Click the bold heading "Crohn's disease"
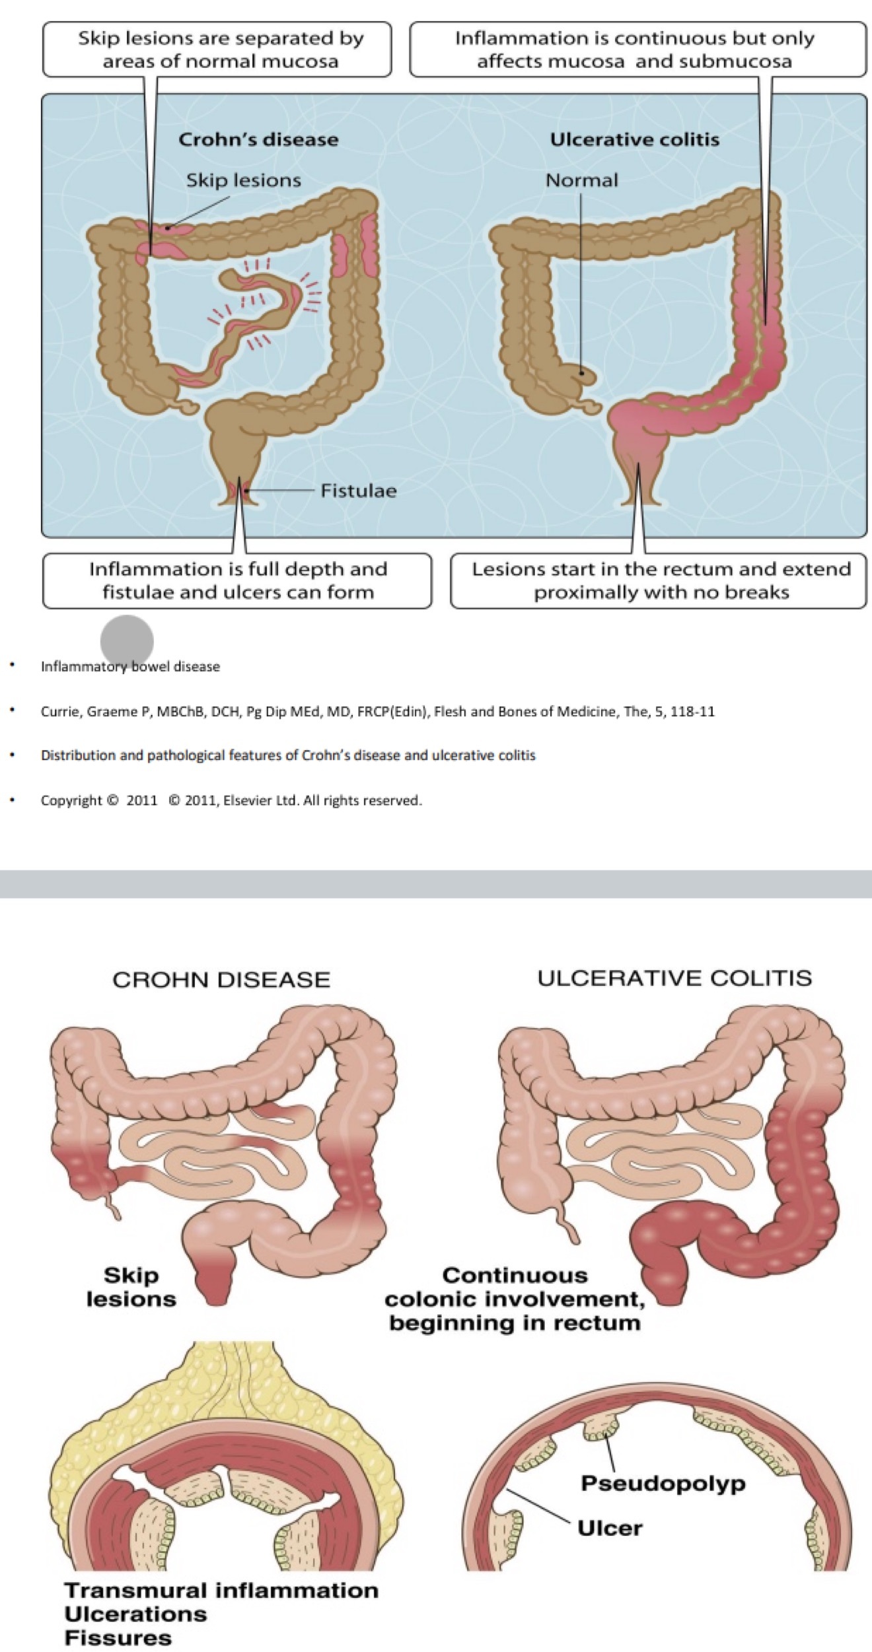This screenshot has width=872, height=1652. (x=258, y=140)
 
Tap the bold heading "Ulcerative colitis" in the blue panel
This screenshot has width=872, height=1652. (x=634, y=140)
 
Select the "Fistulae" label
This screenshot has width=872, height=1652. (x=358, y=491)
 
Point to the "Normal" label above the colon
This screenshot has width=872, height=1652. (x=581, y=180)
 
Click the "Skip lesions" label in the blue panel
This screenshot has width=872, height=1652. (x=243, y=180)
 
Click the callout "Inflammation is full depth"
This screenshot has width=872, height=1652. (x=238, y=580)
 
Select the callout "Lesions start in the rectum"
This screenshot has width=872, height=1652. (x=661, y=580)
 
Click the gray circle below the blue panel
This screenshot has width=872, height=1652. (x=127, y=641)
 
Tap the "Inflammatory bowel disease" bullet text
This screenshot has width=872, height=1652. (x=130, y=667)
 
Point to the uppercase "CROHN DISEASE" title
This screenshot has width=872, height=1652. (x=221, y=979)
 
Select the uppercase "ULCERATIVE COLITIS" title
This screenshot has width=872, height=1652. (x=674, y=978)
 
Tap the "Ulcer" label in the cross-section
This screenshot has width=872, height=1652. (x=609, y=1528)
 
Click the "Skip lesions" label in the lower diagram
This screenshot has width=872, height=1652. (x=131, y=1287)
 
